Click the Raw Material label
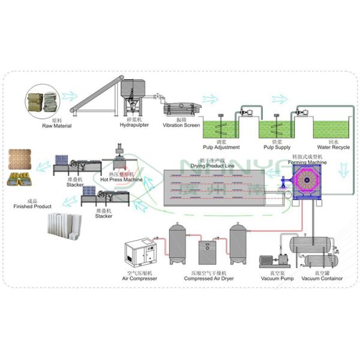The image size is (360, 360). tap(57, 126)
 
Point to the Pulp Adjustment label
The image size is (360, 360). tap(222, 147)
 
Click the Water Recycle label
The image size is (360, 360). tap(329, 147)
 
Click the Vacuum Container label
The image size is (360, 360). tap(322, 278)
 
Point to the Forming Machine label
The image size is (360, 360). tap(309, 161)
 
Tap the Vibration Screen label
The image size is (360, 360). tap(182, 125)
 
